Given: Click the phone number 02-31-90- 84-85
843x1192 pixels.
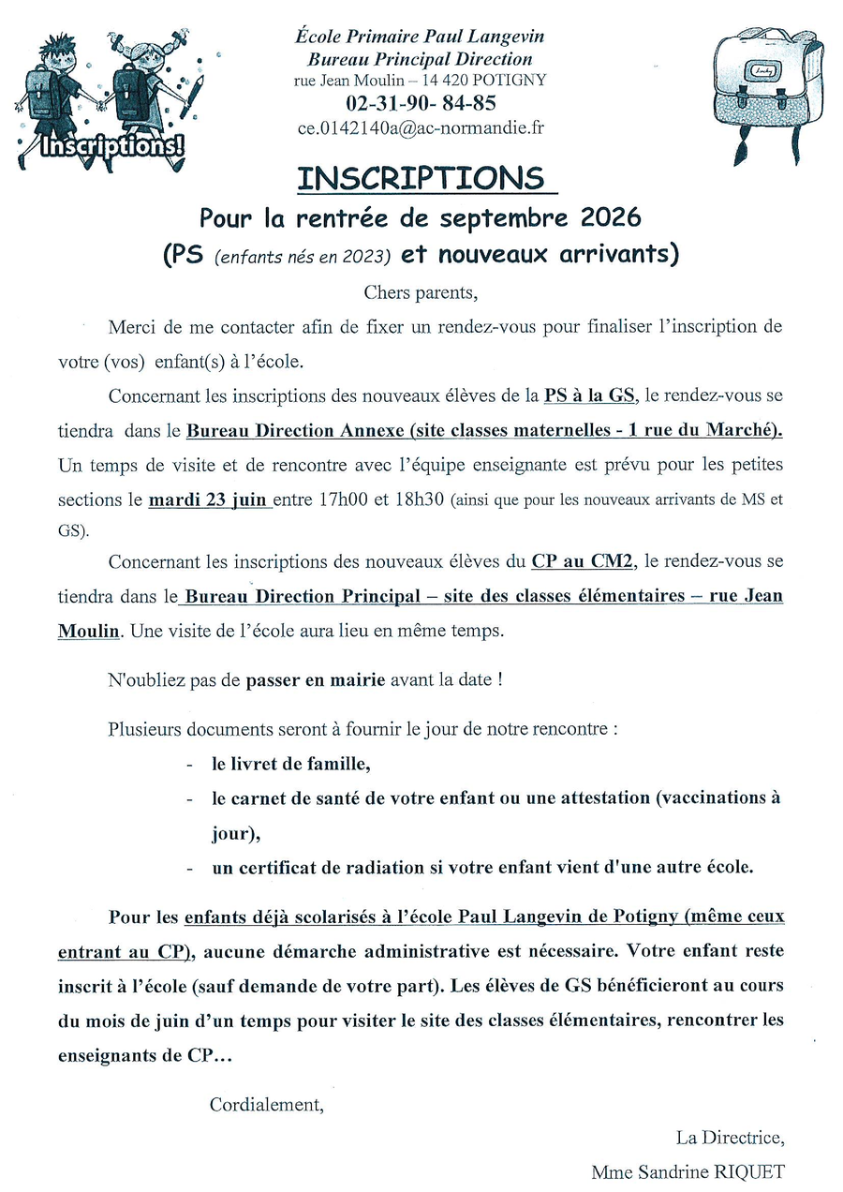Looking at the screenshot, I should click(x=421, y=104).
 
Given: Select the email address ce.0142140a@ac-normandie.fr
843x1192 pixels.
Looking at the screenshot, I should click(x=421, y=128).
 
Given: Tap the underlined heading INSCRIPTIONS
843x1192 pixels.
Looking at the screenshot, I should click(x=421, y=178).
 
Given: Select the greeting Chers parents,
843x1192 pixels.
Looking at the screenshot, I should click(x=421, y=291).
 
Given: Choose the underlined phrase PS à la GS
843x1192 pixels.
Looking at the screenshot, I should click(x=589, y=395).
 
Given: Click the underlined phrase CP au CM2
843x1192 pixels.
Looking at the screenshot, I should click(x=584, y=561).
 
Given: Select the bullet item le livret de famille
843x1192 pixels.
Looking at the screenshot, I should click(x=291, y=765).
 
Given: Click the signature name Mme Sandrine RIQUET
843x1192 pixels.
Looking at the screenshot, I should click(x=688, y=1171).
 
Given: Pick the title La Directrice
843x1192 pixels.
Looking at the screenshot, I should click(x=730, y=1138).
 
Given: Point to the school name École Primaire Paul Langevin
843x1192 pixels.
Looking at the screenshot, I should click(x=420, y=37).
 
